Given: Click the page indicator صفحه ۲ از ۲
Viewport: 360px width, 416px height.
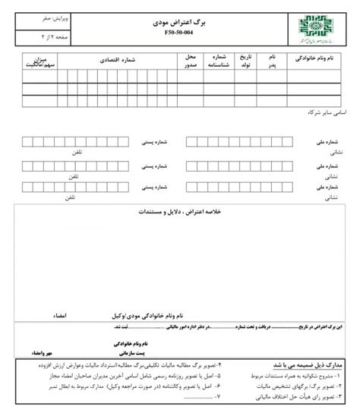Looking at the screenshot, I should [x=33, y=36].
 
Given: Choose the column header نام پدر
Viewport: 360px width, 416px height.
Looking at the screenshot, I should [x=269, y=61].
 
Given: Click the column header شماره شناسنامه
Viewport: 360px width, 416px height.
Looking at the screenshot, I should [x=219, y=61].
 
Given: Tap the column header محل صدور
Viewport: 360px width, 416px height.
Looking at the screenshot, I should [x=191, y=61].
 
